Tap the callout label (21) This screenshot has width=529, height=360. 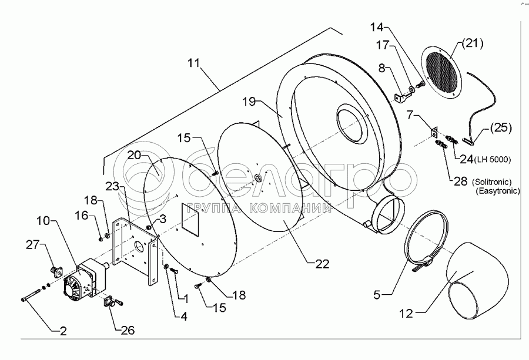[x=472, y=42]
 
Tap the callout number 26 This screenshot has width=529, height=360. [x=127, y=330]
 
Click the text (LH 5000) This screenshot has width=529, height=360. [x=491, y=160]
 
